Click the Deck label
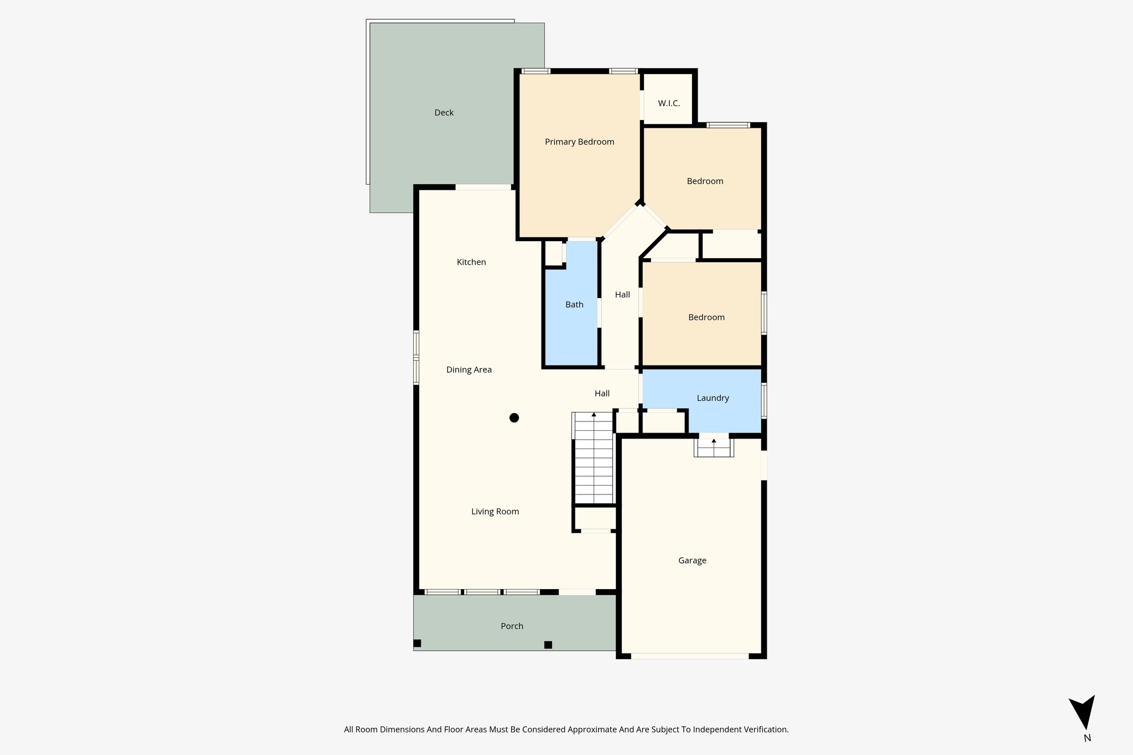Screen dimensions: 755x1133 (x=444, y=113)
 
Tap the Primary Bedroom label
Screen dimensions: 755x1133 (x=579, y=142)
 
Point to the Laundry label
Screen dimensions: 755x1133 (x=713, y=398)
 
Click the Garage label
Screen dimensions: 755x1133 (x=692, y=561)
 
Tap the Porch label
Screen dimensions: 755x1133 (x=512, y=626)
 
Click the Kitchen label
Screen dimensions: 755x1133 (x=471, y=262)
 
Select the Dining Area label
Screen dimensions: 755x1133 (x=469, y=370)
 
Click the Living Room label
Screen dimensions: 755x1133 (x=495, y=512)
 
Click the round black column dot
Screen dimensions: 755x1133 (x=514, y=418)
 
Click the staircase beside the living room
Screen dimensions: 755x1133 (x=594, y=459)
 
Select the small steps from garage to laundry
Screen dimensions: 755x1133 (x=714, y=447)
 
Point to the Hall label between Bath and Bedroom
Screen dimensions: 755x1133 (x=622, y=295)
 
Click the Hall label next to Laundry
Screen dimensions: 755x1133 (x=602, y=394)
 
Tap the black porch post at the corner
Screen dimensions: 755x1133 (x=418, y=643)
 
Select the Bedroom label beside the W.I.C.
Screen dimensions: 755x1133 (x=705, y=181)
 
